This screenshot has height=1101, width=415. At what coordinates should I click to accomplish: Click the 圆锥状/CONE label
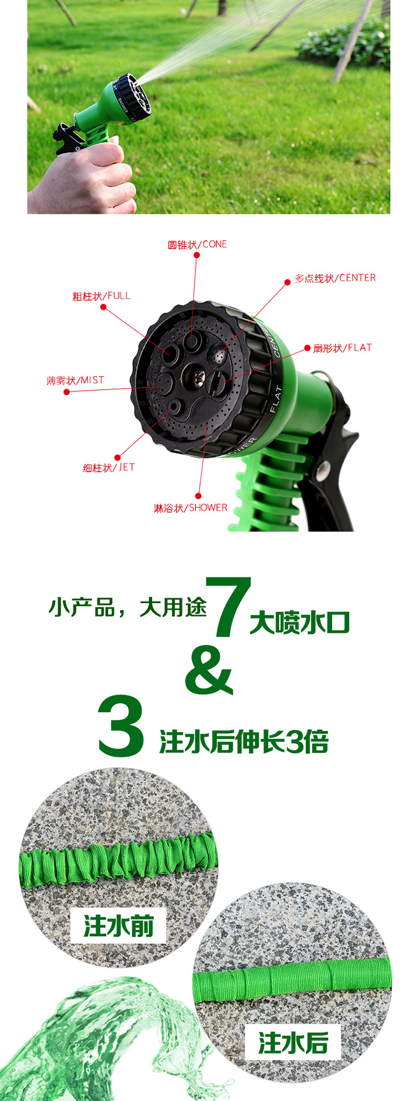pyautogui.click(x=197, y=244)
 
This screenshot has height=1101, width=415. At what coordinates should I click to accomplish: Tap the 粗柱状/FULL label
pyautogui.click(x=101, y=296)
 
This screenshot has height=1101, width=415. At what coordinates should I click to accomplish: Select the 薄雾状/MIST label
pyautogui.click(x=75, y=380)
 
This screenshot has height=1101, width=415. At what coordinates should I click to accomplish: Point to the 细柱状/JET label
pyautogui.click(x=108, y=467)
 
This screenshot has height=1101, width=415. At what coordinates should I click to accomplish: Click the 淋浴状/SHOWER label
pyautogui.click(x=190, y=508)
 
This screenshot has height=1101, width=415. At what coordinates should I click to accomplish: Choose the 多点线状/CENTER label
pyautogui.click(x=335, y=278)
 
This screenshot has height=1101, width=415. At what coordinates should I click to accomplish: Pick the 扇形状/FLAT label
pyautogui.click(x=343, y=348)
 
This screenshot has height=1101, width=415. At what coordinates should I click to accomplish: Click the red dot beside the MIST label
pyautogui.click(x=67, y=392)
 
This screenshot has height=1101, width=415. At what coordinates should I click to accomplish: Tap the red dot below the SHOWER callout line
pyautogui.click(x=198, y=496)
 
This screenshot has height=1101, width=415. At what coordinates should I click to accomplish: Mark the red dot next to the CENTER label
pyautogui.click(x=288, y=282)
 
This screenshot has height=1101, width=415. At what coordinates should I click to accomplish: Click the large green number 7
pyautogui.click(x=228, y=607)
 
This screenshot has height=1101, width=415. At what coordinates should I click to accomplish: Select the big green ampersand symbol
pyautogui.click(x=209, y=671)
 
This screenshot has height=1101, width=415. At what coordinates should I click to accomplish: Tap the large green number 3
pyautogui.click(x=121, y=726)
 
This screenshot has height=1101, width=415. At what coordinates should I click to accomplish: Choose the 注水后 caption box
pyautogui.click(x=293, y=1042)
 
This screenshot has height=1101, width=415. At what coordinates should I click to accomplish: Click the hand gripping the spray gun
pyautogui.click(x=86, y=177)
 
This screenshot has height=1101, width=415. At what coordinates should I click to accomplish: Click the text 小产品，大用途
pyautogui.click(x=127, y=607)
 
